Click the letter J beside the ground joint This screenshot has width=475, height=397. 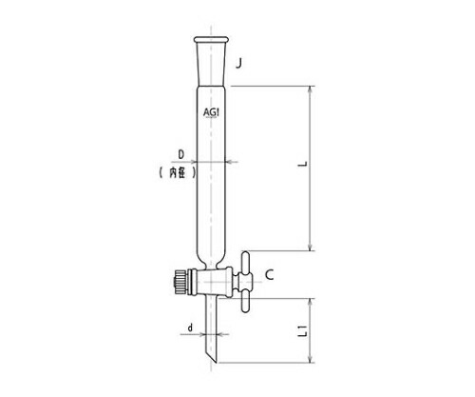coord(238,64)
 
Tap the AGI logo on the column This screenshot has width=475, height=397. coord(211,112)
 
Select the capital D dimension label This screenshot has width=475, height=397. coord(181,155)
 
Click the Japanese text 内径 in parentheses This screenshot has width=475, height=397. coord(178,173)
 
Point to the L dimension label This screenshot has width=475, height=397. coord(304,164)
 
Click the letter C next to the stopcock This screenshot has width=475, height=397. coord(269,275)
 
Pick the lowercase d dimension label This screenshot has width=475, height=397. coord(190,328)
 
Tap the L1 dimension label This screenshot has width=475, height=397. coord(304,330)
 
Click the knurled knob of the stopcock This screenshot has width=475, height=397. coord(180,282)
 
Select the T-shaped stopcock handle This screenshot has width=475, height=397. coord(245,282)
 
